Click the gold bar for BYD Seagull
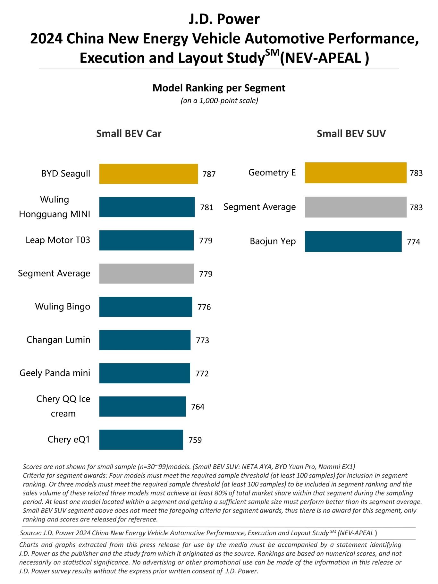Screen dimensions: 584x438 coord(148,174)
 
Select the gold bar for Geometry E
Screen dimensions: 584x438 coord(356,173)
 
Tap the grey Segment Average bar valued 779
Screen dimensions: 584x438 coord(146,274)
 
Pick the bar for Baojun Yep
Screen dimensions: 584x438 coord(353,241)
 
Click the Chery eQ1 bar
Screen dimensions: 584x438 coord(141,440)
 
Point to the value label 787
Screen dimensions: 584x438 coord(209,174)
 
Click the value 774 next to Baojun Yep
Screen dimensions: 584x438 coord(413,242)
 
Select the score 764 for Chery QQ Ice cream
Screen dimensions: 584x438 coord(198,407)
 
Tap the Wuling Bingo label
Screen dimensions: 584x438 coord(63,307)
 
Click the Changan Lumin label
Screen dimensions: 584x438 coord(58,340)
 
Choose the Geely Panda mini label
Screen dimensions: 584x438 coord(55,373)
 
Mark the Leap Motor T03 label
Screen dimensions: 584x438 coord(58,240)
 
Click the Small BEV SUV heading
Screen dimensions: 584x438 coord(351,134)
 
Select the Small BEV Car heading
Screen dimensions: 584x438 coord(129,134)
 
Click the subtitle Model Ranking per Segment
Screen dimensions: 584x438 coord(219,88)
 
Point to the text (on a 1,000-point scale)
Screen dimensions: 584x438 coord(219,101)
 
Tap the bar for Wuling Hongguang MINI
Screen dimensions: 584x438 coord(147,207)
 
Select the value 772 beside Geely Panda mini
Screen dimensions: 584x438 coord(202,374)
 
